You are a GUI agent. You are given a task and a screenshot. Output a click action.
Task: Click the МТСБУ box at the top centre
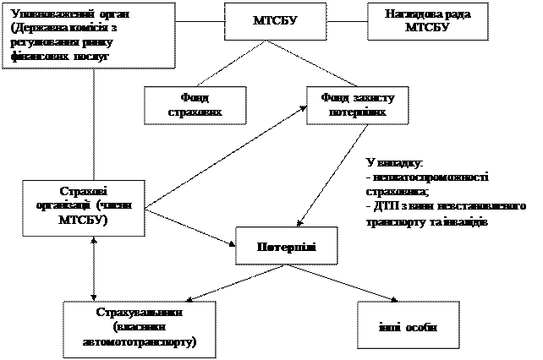[275, 20]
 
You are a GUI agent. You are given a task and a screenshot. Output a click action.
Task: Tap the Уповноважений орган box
[88, 35]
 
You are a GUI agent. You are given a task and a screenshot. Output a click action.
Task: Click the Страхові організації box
[84, 206]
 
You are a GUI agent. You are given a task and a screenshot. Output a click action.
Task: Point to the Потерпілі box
[286, 246]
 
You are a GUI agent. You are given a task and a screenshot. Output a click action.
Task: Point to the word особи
[419, 327]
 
